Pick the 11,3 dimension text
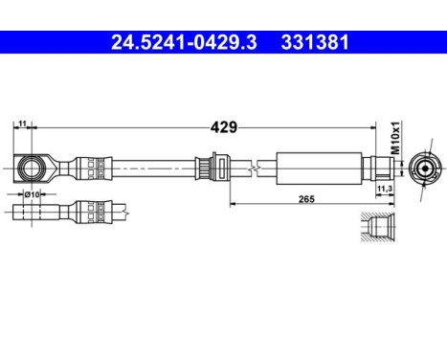click(386, 191)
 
